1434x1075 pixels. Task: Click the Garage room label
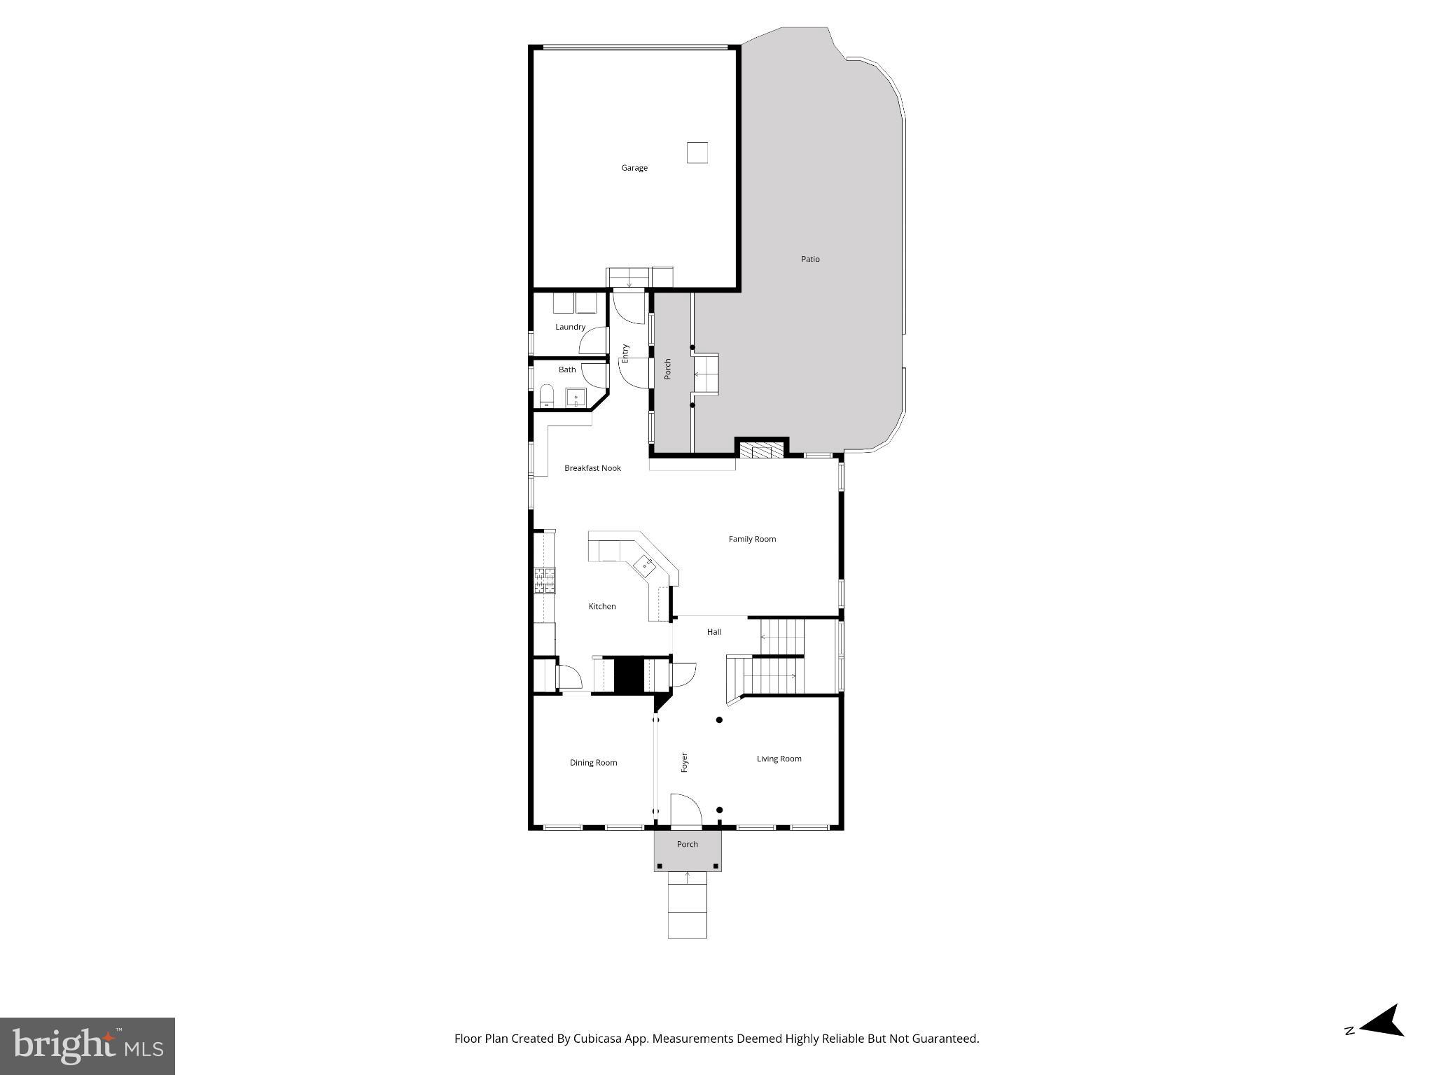[x=634, y=168]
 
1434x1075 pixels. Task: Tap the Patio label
[x=810, y=259]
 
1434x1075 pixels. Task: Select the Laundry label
[x=570, y=327]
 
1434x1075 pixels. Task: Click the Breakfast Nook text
[x=592, y=468]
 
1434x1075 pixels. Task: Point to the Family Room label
[x=752, y=539]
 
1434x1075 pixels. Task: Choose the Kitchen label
[x=601, y=606]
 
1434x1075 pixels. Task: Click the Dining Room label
[x=593, y=763]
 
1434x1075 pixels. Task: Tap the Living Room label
[x=779, y=759]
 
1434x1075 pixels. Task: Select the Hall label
[x=713, y=632]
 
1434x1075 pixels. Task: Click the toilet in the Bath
[x=547, y=395]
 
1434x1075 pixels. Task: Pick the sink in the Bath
[x=576, y=398]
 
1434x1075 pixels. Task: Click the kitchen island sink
[x=645, y=564]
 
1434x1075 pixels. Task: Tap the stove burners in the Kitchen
[x=545, y=580]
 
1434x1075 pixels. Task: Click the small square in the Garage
[x=697, y=153]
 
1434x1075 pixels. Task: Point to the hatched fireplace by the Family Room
[x=762, y=450]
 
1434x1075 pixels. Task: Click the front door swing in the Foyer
[x=686, y=810]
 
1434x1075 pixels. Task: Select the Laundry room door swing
[x=594, y=341]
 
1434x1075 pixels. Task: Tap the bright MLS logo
[x=88, y=1046]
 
